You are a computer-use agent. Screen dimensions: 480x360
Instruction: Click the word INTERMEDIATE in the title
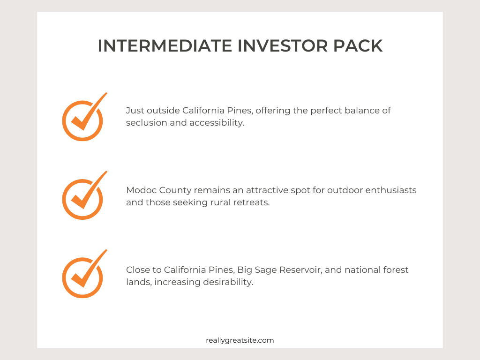(x=165, y=46)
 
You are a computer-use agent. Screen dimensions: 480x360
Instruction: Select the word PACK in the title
(x=358, y=46)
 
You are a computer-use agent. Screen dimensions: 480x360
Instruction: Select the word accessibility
(x=217, y=123)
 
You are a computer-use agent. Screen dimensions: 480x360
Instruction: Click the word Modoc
(x=142, y=190)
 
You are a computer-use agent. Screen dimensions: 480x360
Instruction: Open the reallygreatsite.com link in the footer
(x=240, y=340)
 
